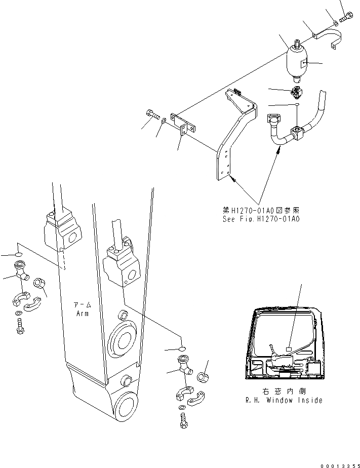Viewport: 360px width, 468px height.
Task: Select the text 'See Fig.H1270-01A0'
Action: (261, 220)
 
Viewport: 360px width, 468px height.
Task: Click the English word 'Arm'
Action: (83, 314)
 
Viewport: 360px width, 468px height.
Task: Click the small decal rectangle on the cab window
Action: (289, 349)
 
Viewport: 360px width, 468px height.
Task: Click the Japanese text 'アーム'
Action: (83, 305)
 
